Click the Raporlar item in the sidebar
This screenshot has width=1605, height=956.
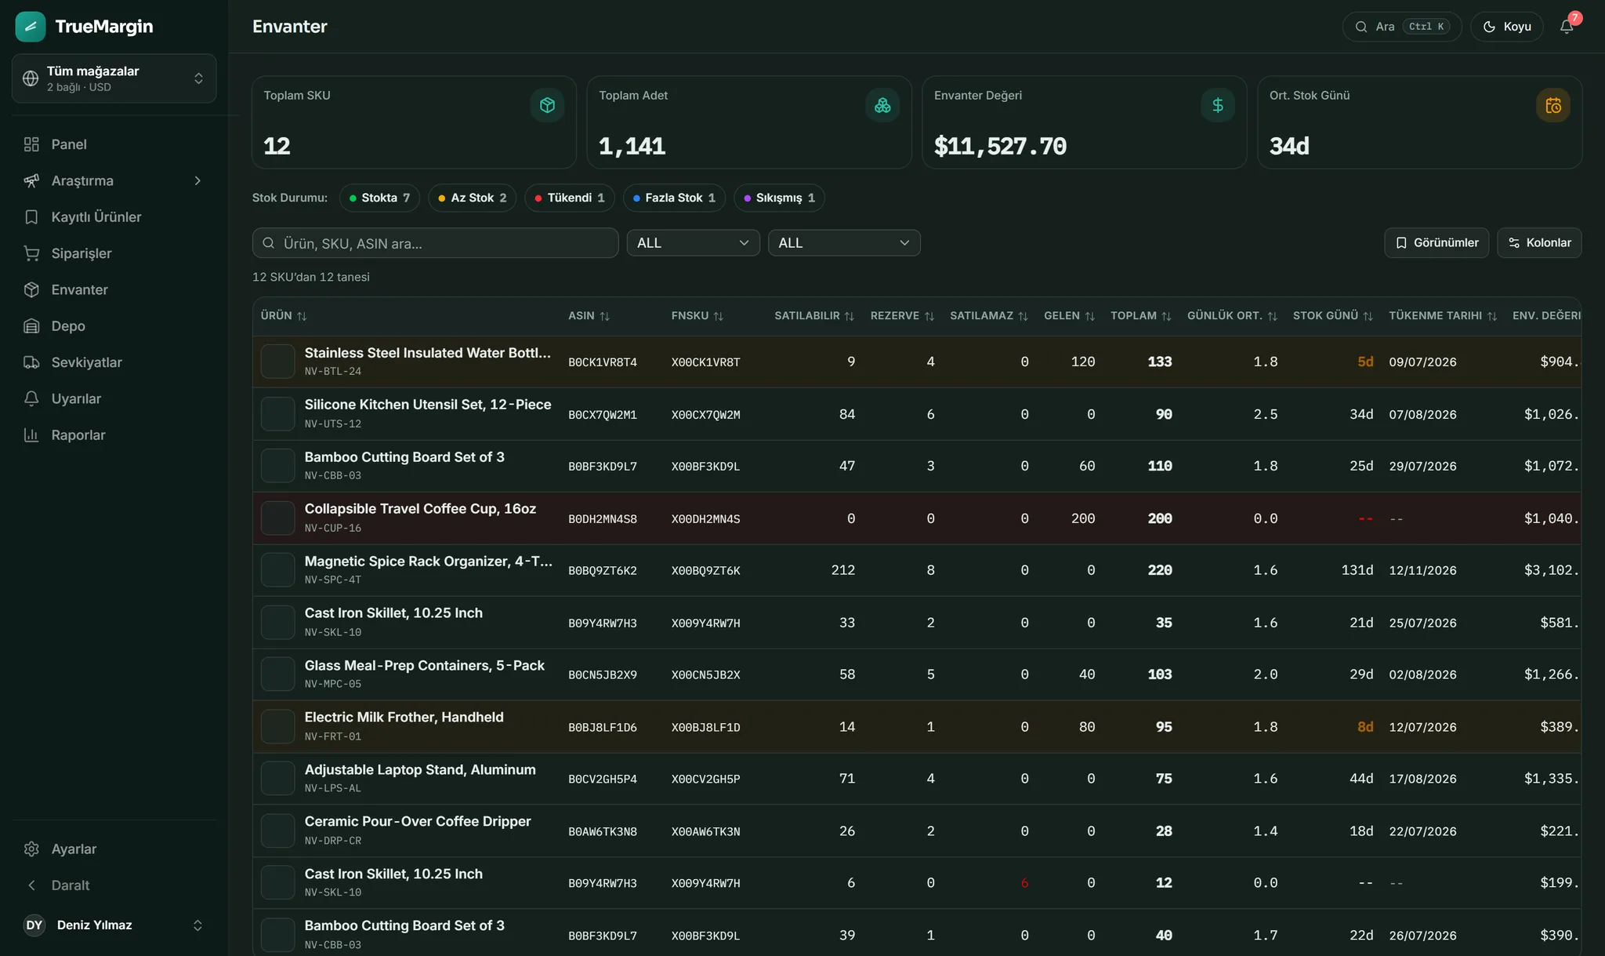pos(78,435)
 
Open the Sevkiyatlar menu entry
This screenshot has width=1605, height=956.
pos(86,362)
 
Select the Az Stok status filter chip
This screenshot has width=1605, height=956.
pos(473,198)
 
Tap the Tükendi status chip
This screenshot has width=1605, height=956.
pos(570,198)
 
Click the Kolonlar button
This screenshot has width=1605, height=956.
pos(1539,243)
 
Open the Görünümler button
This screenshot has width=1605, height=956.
pos(1437,243)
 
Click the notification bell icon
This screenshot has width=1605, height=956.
pos(1567,27)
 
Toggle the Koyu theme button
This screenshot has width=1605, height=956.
pos(1506,27)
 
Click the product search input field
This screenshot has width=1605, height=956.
pos(435,243)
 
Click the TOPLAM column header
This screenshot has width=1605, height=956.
pos(1140,316)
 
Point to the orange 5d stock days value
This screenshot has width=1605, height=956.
pos(1365,362)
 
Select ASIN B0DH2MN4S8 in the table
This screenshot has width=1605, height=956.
pos(603,519)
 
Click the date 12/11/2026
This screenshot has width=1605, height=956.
pos(1422,571)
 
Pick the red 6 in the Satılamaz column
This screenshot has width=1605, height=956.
pos(1024,883)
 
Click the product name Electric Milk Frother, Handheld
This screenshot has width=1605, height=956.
pos(404,718)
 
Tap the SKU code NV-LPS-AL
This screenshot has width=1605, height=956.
pos(333,788)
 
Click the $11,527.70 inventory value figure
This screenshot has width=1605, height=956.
pos(1000,146)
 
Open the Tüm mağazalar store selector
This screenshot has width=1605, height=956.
pos(114,78)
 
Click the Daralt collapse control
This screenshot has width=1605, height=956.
pos(71,885)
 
